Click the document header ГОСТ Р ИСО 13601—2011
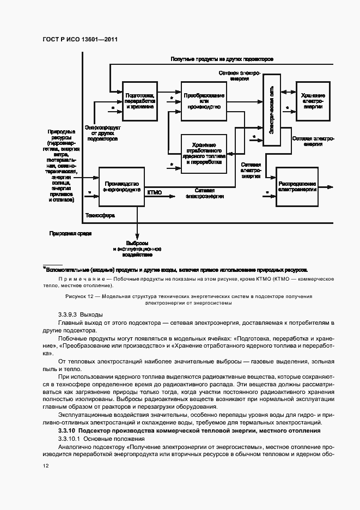pos(80,40)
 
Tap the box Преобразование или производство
pos(204,101)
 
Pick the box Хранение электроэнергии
pos(313,101)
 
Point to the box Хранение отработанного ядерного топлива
pos(204,154)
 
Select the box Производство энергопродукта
pos(121,187)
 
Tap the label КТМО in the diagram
pos(155,192)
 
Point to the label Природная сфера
pos(70,233)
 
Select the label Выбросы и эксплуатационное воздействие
pos(137,248)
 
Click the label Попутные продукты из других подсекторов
pos(222,59)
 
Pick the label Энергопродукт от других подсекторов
pos(102,133)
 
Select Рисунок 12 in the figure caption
pos(80,296)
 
